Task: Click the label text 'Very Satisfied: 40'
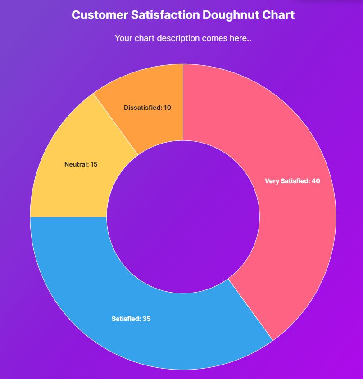click(x=292, y=181)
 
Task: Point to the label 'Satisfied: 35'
click(x=131, y=319)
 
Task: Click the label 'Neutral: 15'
click(x=81, y=164)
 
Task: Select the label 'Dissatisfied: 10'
click(x=147, y=108)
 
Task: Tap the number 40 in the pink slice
click(x=316, y=181)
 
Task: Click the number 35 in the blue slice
click(x=146, y=319)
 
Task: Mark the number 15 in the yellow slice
click(x=94, y=164)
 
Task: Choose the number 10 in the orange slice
click(x=167, y=108)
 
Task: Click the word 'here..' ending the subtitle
click(x=240, y=38)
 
